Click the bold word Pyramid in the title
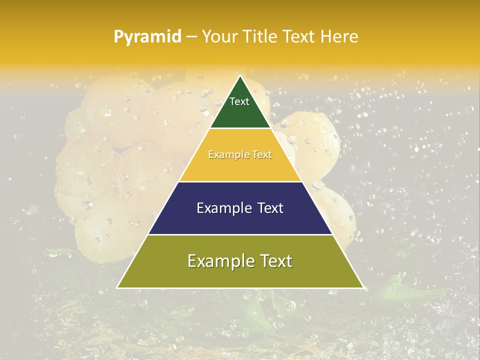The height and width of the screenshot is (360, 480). coord(147,36)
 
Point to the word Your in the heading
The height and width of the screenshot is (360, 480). coord(219,36)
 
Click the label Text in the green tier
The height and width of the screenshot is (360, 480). coord(239,101)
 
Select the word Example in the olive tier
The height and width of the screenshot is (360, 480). coord(217,261)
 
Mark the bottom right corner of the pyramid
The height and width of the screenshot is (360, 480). coord(362,287)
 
